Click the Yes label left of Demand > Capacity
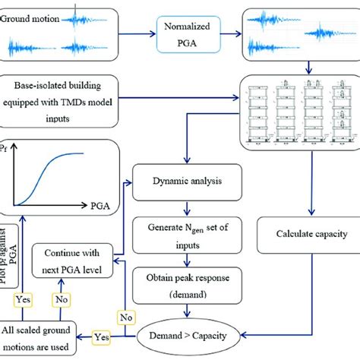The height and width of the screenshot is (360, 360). [x=101, y=334]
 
